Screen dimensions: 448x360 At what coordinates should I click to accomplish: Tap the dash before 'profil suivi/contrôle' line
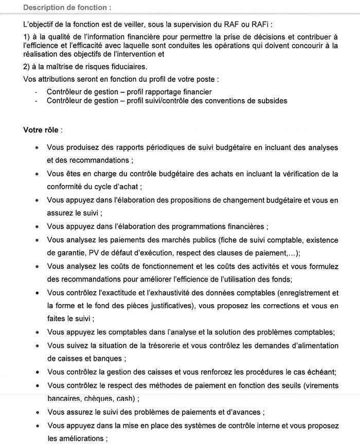point(36,101)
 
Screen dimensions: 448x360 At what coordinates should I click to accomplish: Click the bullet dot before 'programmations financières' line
point(37,227)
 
